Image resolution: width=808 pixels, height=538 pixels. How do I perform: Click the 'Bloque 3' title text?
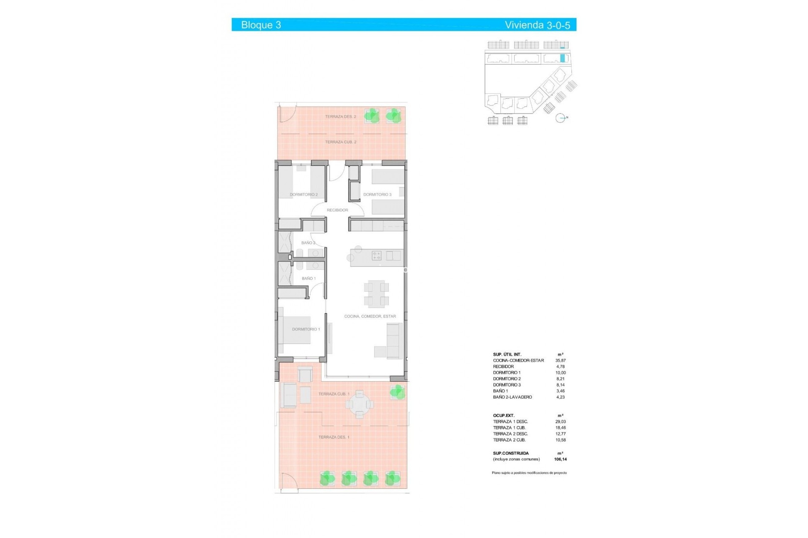[261, 25]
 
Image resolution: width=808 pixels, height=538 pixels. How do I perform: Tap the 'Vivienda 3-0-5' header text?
[537, 25]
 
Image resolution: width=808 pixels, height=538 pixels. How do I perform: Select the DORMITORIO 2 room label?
[303, 195]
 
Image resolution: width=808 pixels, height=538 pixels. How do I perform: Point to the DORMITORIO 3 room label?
[377, 195]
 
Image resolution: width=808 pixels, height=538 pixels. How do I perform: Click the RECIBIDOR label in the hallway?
[338, 210]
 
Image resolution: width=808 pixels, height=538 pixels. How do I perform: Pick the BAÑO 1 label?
[308, 279]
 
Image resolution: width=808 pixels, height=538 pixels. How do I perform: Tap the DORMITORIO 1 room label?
[306, 330]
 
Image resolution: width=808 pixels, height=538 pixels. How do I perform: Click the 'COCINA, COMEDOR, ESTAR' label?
[370, 316]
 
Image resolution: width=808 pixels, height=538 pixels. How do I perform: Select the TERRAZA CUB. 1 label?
[334, 394]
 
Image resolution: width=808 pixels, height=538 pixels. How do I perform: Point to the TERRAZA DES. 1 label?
[334, 438]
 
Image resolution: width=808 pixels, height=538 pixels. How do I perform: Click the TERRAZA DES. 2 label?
[340, 117]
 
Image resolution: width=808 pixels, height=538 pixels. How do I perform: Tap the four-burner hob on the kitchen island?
[376, 256]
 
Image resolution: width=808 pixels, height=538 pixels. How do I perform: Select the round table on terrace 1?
[359, 404]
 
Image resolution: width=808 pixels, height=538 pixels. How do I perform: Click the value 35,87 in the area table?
[561, 361]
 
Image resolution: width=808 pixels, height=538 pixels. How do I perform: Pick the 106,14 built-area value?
[561, 459]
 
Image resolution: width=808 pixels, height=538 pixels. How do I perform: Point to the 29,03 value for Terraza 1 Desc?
[561, 422]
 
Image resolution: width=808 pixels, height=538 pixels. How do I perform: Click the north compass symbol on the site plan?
[560, 118]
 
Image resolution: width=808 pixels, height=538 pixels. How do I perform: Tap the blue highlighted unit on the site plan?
[562, 58]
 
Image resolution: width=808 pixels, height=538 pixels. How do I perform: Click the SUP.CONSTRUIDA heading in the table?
[510, 454]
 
